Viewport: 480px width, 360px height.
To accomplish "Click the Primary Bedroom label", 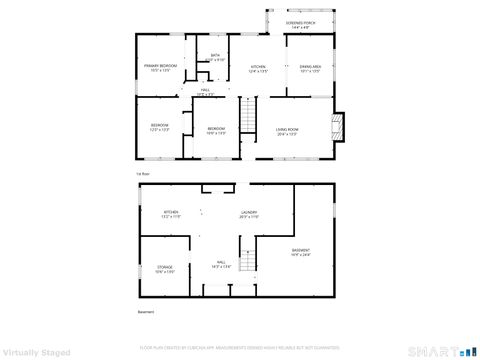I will tap(161, 67).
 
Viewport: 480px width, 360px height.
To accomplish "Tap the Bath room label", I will tap(214, 58).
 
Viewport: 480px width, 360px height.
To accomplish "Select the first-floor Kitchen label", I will tap(257, 67).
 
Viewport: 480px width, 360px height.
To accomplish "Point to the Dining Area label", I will tap(310, 67).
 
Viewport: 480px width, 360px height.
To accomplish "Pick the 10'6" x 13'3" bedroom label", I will tap(216, 130).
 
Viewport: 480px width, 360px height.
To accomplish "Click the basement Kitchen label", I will tap(171, 213).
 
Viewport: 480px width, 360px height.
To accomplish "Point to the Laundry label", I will tap(249, 213).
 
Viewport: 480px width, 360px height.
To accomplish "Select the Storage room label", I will tap(165, 268).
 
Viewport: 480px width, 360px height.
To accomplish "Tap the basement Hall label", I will tap(219, 263).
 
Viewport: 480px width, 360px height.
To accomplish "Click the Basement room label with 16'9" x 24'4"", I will tap(300, 252).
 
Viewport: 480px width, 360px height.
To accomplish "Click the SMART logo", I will tap(440, 351).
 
